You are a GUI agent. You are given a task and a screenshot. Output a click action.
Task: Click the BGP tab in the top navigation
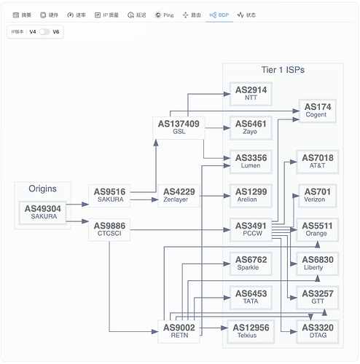[219, 15]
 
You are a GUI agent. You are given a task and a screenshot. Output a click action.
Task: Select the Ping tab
[165, 15]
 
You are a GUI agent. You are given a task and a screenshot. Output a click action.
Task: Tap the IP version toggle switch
[44, 32]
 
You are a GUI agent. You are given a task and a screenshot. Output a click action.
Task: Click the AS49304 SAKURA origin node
[43, 213]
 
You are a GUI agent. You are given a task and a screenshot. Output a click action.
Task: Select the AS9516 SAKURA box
[109, 196]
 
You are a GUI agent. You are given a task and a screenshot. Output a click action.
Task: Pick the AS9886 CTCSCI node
[109, 229]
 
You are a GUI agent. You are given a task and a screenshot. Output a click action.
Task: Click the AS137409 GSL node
[179, 127]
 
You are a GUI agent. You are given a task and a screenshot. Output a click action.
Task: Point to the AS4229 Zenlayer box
[179, 196]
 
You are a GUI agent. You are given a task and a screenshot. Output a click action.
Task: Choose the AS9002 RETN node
[179, 331]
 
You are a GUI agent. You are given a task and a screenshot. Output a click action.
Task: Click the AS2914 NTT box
[251, 94]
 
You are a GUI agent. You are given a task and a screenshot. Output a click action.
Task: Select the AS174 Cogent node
[318, 111]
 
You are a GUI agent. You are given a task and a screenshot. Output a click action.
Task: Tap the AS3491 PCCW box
[251, 229]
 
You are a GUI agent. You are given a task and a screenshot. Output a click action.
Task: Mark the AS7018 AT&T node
[318, 162]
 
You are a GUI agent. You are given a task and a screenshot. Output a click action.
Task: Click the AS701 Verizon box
[318, 196]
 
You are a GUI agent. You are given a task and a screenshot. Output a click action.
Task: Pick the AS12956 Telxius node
[251, 331]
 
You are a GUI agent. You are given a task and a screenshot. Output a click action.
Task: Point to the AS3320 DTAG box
[318, 331]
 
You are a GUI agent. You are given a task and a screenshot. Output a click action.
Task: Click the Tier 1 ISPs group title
[283, 70]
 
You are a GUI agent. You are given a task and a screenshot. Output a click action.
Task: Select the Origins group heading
[42, 189]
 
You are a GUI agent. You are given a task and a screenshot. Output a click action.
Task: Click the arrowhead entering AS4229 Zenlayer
[154, 199]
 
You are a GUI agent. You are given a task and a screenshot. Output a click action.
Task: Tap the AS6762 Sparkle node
[251, 264]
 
